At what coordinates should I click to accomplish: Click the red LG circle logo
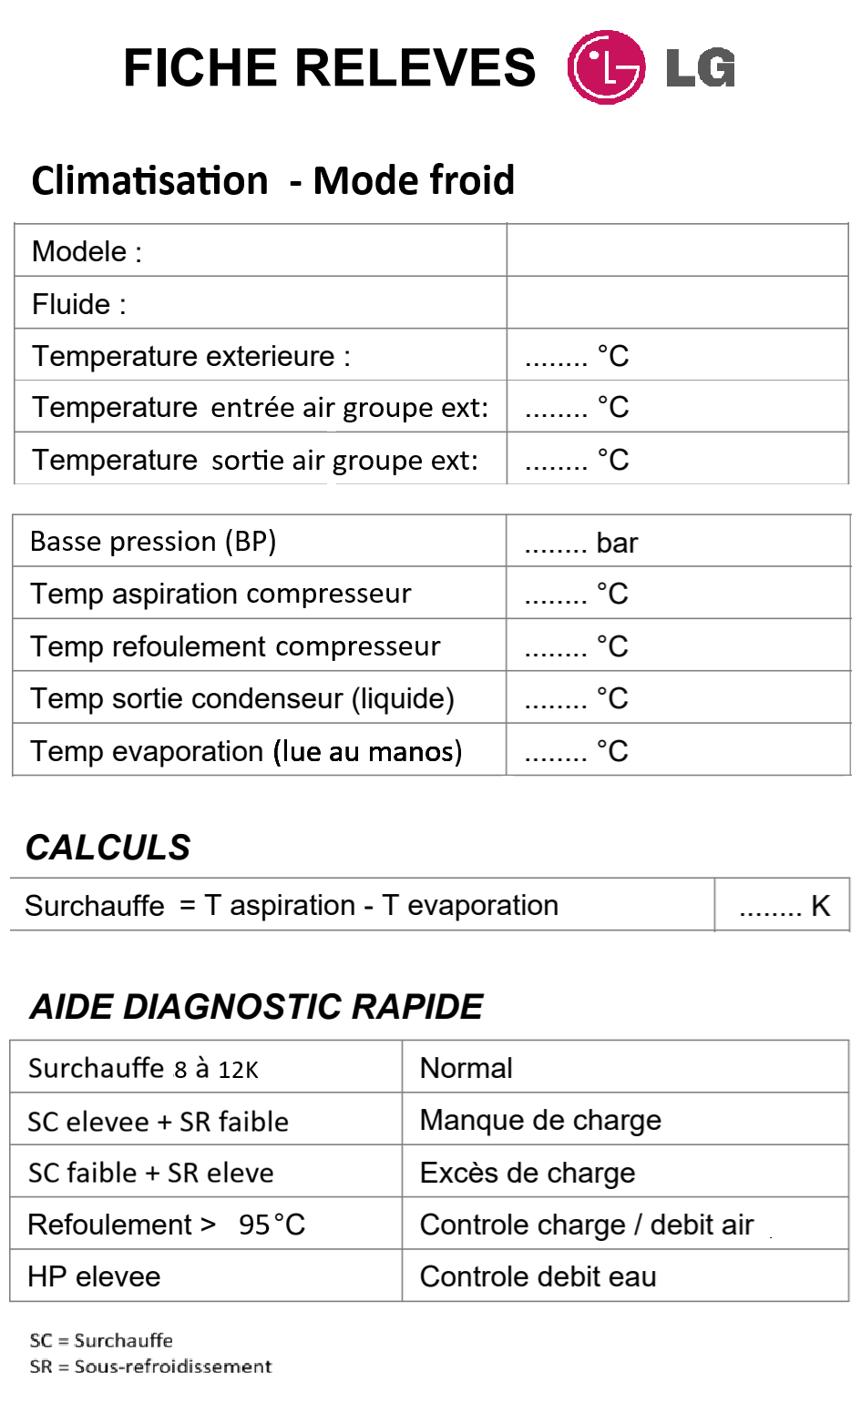click(606, 67)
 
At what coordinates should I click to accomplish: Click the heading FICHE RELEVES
click(329, 68)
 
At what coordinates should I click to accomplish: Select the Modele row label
click(87, 251)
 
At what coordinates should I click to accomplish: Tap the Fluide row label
click(78, 304)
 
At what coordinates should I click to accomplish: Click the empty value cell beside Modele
click(677, 250)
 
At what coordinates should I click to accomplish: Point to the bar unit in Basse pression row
click(617, 543)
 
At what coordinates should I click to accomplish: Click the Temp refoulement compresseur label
click(235, 646)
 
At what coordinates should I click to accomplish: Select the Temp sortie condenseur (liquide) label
click(242, 698)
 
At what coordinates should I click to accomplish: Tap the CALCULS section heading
click(108, 848)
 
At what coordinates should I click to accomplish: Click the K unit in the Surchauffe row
click(820, 906)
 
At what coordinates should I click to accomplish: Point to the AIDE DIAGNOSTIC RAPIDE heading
click(256, 1007)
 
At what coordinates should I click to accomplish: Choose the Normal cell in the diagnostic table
click(466, 1068)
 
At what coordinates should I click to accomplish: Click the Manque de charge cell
click(540, 1120)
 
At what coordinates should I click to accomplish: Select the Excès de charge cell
click(528, 1173)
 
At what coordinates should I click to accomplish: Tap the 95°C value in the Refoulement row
click(272, 1225)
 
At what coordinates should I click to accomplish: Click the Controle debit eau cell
click(538, 1276)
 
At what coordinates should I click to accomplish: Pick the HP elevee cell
click(94, 1276)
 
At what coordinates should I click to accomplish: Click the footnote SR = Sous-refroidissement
click(150, 1367)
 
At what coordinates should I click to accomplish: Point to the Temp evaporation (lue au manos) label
click(246, 751)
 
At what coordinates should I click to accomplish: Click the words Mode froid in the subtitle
click(414, 180)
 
